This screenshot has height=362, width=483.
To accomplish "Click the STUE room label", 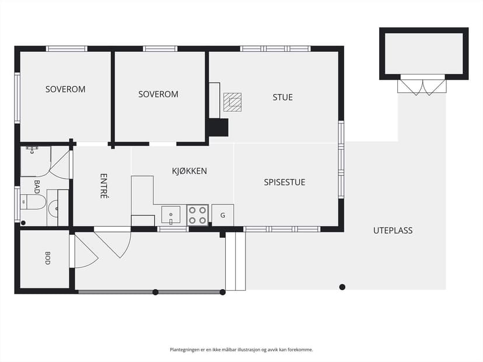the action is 282,97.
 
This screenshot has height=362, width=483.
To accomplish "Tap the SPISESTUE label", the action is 284,182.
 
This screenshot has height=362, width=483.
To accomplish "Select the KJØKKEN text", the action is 190,171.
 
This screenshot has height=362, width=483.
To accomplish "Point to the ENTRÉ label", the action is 104,186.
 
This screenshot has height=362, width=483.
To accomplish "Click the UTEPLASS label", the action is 393,231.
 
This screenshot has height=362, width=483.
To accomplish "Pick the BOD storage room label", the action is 47,258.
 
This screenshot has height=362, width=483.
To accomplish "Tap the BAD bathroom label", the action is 37,187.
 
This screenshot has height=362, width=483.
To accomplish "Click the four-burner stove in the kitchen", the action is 197,215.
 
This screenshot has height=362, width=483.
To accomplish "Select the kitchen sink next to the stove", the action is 171,215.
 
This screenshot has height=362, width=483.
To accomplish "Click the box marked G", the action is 223,215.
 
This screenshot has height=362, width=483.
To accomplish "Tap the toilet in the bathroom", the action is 33,202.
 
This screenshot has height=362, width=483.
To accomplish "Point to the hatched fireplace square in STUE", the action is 232,102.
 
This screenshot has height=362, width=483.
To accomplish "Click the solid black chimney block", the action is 219,128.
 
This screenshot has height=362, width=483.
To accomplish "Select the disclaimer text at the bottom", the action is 241,349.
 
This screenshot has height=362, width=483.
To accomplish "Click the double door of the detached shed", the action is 422,86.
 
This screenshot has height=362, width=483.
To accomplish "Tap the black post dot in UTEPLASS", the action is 342,287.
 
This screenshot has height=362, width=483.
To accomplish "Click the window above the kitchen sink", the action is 173,229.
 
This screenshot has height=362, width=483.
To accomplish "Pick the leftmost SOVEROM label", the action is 65,89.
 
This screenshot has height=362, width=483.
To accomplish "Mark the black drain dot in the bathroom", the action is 23,223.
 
